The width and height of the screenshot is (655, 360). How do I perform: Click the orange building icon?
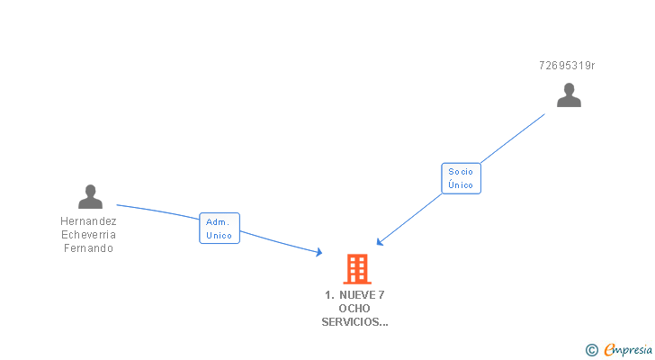tap(357, 268)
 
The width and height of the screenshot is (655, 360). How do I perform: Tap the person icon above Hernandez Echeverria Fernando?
tap(90, 196)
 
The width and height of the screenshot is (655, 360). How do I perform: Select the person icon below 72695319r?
tap(569, 94)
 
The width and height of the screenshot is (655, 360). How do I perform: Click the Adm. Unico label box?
tap(220, 229)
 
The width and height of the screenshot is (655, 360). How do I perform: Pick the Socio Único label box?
tap(461, 177)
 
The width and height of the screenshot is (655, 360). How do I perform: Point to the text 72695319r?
tap(567, 66)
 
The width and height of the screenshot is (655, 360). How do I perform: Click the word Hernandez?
tap(88, 221)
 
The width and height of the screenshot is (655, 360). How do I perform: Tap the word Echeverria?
tap(88, 235)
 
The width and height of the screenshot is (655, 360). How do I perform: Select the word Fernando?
tap(88, 248)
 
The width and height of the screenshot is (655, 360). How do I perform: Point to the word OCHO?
tap(354, 308)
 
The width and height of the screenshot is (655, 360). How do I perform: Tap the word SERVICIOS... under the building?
tap(354, 321)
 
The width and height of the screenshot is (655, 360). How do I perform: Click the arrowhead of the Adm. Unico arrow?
tap(319, 253)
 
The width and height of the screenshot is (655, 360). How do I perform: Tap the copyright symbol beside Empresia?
tap(591, 350)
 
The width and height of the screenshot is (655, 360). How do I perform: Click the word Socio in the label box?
tap(461, 171)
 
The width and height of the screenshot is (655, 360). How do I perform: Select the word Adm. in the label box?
tap(219, 221)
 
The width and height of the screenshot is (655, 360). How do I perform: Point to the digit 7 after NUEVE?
tap(382, 294)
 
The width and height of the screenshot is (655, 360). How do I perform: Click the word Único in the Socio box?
tap(461, 184)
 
